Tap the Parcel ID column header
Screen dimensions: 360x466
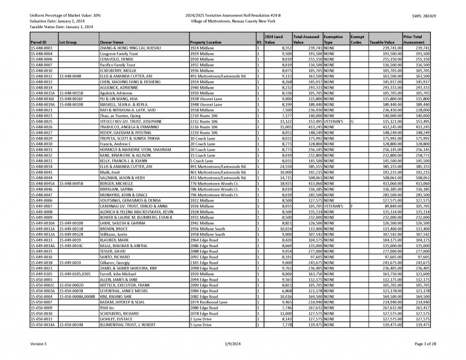click(x=38, y=42)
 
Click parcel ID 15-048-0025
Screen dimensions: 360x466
click(x=41, y=122)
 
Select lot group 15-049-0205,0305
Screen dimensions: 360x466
click(x=75, y=274)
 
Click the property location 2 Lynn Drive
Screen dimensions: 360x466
click(x=201, y=319)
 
